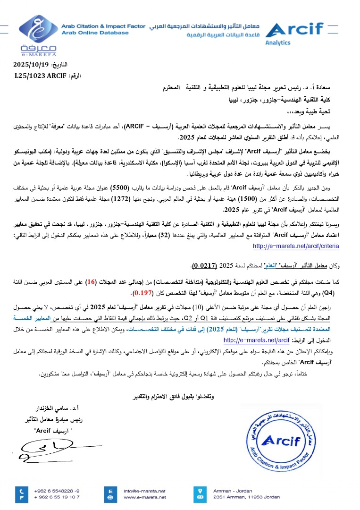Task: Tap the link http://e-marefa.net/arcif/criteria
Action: point(295,246)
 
